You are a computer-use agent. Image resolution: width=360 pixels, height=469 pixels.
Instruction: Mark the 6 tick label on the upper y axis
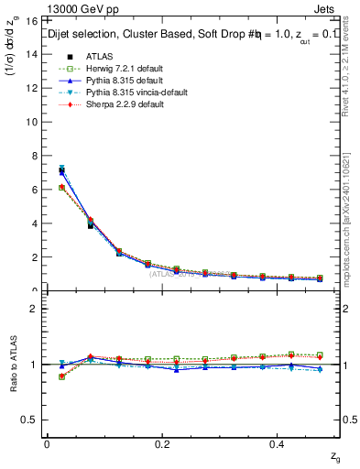(x=35, y=190)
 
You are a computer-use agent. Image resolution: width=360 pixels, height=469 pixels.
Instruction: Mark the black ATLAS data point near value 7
(x=62, y=170)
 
